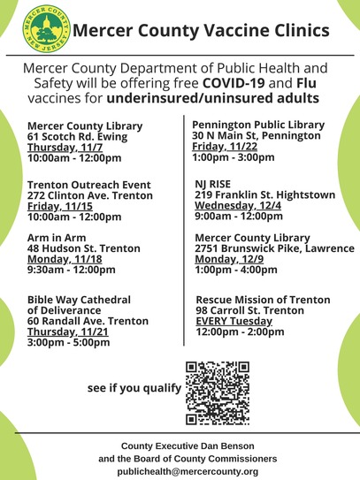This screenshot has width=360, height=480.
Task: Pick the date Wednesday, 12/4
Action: (x=237, y=204)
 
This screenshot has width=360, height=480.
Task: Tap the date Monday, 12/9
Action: (x=226, y=261)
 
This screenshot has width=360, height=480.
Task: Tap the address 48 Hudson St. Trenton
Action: (x=83, y=249)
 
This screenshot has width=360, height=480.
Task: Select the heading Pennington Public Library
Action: (x=258, y=125)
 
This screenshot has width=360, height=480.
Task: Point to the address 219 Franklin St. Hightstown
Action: (x=264, y=194)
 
